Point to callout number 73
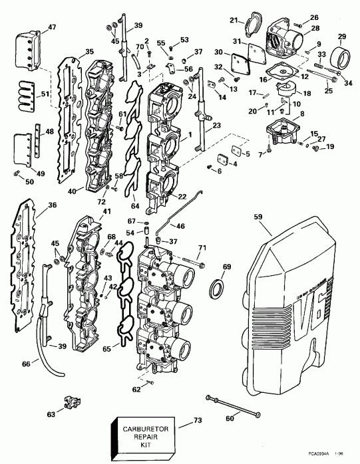click(x=196, y=421)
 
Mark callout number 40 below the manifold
click(x=71, y=189)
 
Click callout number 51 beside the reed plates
click(x=45, y=94)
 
